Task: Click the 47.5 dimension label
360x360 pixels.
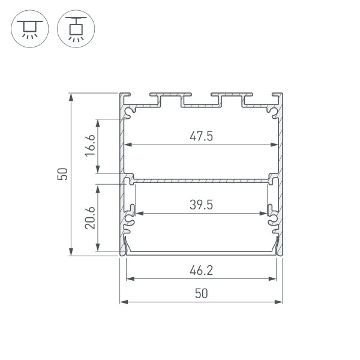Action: point(202,136)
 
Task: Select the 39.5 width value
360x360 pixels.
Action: point(202,205)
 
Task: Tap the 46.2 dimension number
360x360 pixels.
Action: point(202,270)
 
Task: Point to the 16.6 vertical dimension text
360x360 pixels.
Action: point(90,146)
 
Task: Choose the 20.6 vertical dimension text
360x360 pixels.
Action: point(90,218)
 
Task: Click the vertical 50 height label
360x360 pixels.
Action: point(62,174)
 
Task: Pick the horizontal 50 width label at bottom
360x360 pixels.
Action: point(202,293)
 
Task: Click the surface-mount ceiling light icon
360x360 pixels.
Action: point(30,29)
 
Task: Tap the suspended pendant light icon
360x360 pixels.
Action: point(76,29)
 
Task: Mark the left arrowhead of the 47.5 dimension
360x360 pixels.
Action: point(128,145)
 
